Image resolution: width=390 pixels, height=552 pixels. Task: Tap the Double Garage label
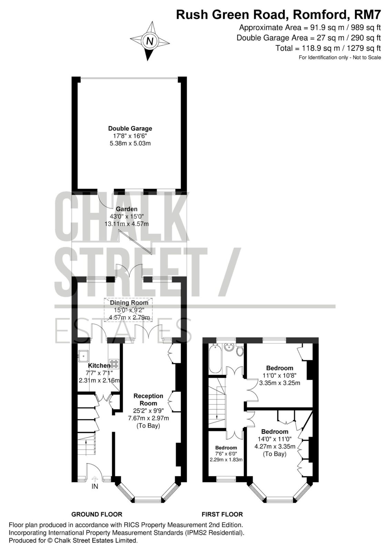[130, 128]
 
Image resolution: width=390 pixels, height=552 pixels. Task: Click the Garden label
[127, 209]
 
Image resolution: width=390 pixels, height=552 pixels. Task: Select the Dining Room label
[129, 303]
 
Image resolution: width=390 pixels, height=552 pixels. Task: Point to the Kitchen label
[99, 365]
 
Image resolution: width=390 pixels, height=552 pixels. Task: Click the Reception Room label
[148, 400]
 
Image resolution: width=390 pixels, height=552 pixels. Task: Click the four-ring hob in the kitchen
[114, 364]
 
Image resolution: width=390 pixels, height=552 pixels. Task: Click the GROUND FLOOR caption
[97, 514]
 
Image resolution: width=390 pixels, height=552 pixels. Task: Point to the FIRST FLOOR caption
[222, 514]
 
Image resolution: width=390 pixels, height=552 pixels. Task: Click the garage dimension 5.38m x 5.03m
[130, 143]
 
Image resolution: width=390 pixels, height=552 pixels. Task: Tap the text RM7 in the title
[367, 14]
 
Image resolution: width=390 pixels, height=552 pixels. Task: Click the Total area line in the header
[328, 48]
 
